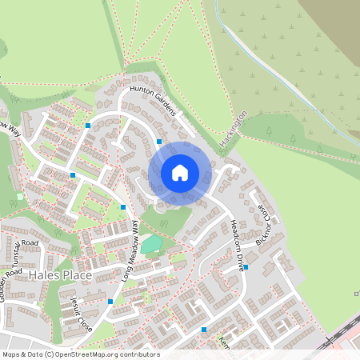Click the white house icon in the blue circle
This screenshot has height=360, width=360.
(180, 173)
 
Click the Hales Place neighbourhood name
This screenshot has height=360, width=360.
(59, 275)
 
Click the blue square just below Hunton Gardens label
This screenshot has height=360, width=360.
(159, 142)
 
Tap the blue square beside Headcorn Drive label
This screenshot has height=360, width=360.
(246, 267)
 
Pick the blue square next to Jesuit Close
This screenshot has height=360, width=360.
(110, 302)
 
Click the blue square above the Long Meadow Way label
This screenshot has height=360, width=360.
(123, 207)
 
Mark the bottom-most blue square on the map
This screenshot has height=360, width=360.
(204, 329)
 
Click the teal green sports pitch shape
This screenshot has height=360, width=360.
(151, 243)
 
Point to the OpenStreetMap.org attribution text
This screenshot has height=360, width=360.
(80, 354)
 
